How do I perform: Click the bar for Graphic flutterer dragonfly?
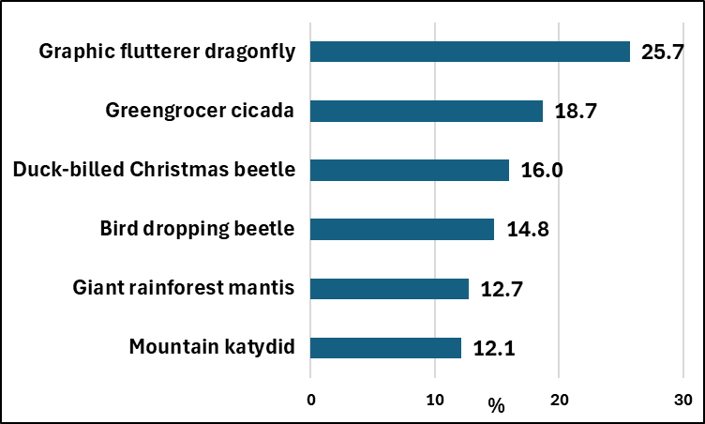470,52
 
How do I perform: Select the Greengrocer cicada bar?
427,111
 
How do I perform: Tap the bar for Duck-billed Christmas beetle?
410,170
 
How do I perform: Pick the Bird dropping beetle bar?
402,229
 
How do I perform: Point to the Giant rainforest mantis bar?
389,289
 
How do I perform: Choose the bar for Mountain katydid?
385,348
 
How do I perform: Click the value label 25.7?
663,53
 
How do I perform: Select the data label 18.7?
576,112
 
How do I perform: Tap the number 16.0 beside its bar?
542,171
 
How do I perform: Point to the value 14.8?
526,230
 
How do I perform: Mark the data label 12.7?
501,289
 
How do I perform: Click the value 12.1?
493,349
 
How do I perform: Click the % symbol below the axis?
496,406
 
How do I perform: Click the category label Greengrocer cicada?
200,112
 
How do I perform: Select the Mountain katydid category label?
212,348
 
